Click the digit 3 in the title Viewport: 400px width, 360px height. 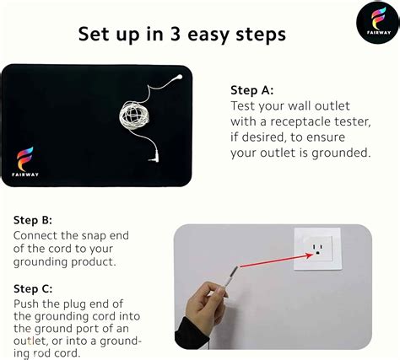(176, 34)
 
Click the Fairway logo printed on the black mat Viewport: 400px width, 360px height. (25, 161)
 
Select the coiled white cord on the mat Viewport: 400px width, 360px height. (134, 116)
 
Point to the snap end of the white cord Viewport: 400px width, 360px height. (179, 77)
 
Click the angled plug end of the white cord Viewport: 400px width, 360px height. (154, 159)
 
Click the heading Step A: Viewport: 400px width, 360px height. (252, 90)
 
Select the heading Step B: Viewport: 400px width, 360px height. (33, 220)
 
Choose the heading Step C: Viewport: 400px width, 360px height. (33, 289)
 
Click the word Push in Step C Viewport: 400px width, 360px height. (26, 304)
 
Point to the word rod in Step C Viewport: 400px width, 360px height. (43, 353)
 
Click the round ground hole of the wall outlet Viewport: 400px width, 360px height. (318, 253)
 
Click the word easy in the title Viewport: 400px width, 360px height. (208, 35)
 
